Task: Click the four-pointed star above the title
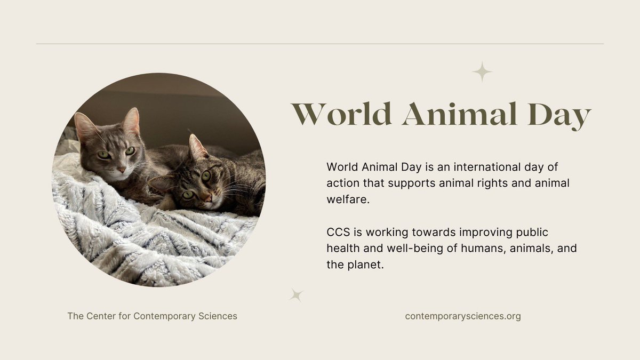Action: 482,71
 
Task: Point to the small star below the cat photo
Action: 296,294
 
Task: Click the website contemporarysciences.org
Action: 463,316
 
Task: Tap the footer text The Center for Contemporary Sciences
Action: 152,316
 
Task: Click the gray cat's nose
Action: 122,170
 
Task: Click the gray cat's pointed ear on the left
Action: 83,125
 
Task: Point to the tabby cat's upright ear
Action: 196,147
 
